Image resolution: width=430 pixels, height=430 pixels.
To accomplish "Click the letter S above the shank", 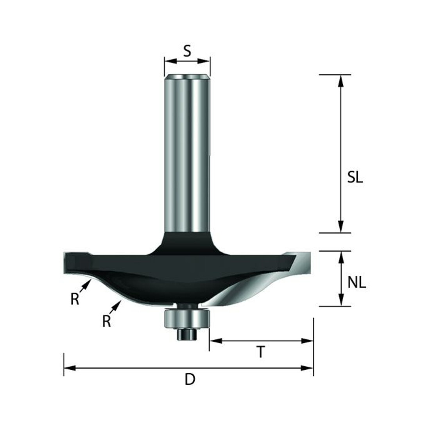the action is pos(187,51).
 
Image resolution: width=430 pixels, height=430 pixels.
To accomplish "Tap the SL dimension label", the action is pos(355,178).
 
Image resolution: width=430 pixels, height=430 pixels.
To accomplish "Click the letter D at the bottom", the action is pos(190,380).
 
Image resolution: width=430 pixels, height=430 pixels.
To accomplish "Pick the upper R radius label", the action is pos(75,299).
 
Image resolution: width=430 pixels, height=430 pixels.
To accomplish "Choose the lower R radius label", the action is pos(106,321).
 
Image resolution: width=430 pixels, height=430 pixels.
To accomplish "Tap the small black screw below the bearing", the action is pos(187,334).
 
